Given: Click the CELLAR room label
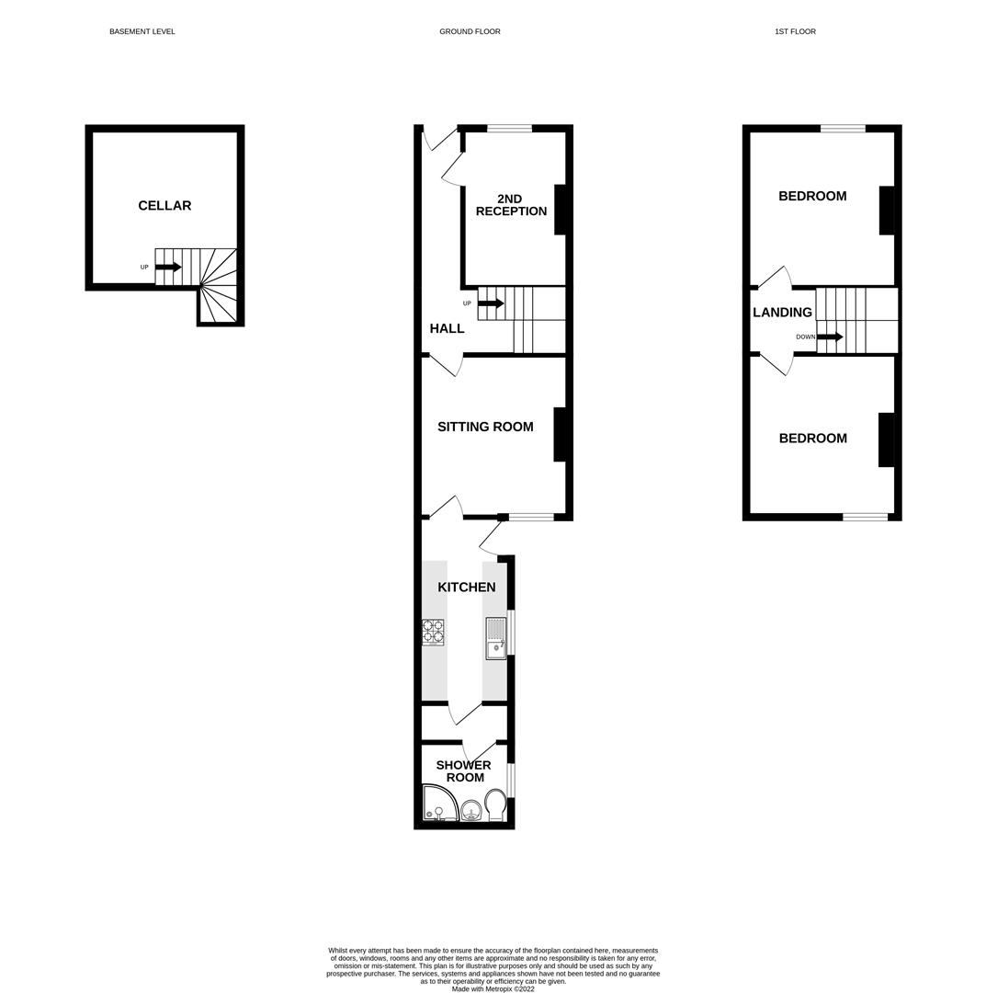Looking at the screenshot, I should [164, 206].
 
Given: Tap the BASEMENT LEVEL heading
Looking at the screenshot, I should [142, 31].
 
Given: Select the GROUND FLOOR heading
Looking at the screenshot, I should [470, 31].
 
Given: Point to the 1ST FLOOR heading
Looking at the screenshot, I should [795, 31].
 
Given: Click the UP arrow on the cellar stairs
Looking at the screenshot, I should [168, 268].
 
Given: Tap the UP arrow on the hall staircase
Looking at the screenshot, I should [491, 303].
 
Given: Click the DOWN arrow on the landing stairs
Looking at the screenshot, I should [830, 337].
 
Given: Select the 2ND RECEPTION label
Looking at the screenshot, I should [511, 205].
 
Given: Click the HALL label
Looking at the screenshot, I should [447, 328].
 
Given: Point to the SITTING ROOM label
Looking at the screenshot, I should [485, 427].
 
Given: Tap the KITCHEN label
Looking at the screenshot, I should [466, 588].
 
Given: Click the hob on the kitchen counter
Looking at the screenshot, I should [433, 633].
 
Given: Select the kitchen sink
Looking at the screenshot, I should [495, 638].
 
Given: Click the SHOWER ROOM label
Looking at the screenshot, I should [464, 771].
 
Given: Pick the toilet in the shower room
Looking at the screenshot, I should [495, 805].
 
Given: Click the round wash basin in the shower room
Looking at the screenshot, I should [470, 810].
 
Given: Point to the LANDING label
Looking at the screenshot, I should [782, 313].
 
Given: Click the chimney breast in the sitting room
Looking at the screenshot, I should [560, 434].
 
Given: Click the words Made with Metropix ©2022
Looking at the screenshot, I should [493, 989].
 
